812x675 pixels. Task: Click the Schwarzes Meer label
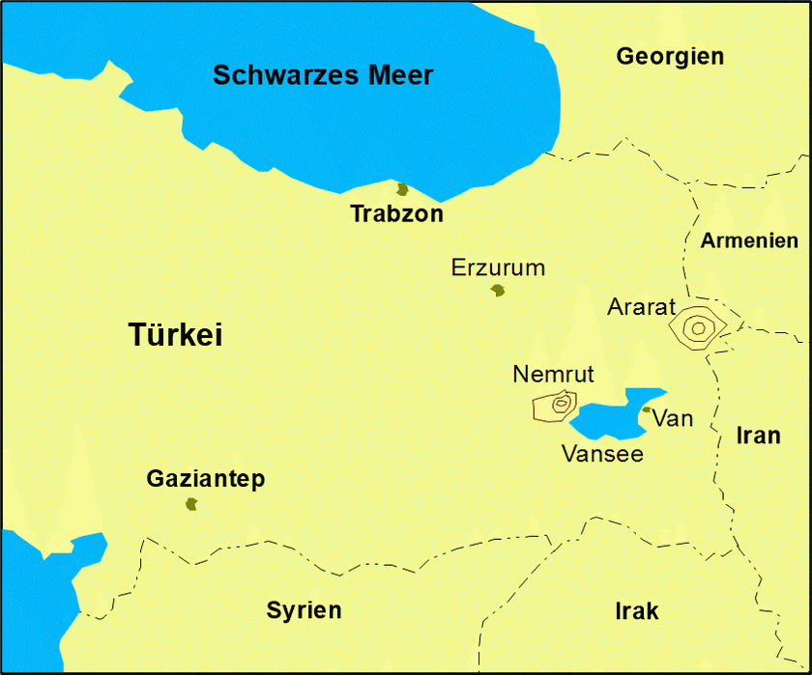point(323,75)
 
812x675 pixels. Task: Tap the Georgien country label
point(670,56)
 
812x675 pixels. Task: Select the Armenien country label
point(749,240)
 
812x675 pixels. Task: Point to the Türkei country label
point(176,335)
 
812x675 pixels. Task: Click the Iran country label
point(758,436)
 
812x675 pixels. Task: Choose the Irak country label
point(636,610)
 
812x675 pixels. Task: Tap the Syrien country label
point(304,610)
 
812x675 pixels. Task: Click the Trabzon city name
point(396,214)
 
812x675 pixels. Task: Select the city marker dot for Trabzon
point(402,189)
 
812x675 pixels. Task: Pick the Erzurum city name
point(498,267)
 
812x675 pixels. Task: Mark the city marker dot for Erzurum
point(498,290)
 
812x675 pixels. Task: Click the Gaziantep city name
point(205,479)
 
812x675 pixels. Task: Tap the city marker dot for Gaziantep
point(191,504)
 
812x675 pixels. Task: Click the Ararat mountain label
point(641,307)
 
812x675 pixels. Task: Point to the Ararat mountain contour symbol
point(697,327)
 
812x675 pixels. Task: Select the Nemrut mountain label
point(553,374)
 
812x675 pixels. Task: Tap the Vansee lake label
point(602,453)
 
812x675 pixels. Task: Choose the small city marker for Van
point(646,409)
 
